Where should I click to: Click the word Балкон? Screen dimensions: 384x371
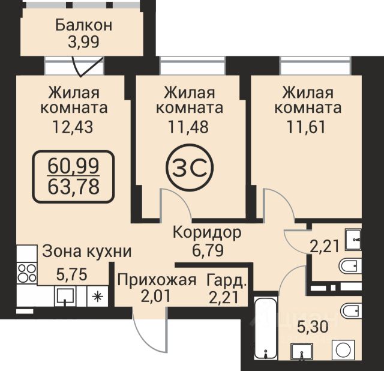tap(84, 25)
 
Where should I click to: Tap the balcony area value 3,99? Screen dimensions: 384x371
tap(84, 42)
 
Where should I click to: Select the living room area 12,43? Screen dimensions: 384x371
tap(73, 127)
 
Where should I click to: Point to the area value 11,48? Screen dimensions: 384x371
tap(188, 127)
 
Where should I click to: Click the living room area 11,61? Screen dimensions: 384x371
tap(307, 127)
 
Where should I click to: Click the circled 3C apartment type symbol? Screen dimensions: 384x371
tap(190, 167)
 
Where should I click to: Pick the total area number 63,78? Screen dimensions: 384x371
tap(73, 187)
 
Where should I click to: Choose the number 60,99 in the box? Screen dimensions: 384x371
tap(73, 166)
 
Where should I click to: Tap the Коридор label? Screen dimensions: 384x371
tap(207, 232)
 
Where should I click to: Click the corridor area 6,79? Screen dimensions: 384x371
tap(208, 251)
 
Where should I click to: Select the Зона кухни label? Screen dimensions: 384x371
tap(86, 252)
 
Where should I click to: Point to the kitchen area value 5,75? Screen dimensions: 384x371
tap(72, 274)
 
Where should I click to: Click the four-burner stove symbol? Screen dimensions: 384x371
tap(26, 274)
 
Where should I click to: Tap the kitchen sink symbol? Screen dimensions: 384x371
tap(65, 296)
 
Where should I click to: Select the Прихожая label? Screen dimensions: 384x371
tap(157, 280)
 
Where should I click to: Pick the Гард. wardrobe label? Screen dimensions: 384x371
tap(226, 280)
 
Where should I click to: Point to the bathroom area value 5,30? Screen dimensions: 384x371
tap(313, 327)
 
